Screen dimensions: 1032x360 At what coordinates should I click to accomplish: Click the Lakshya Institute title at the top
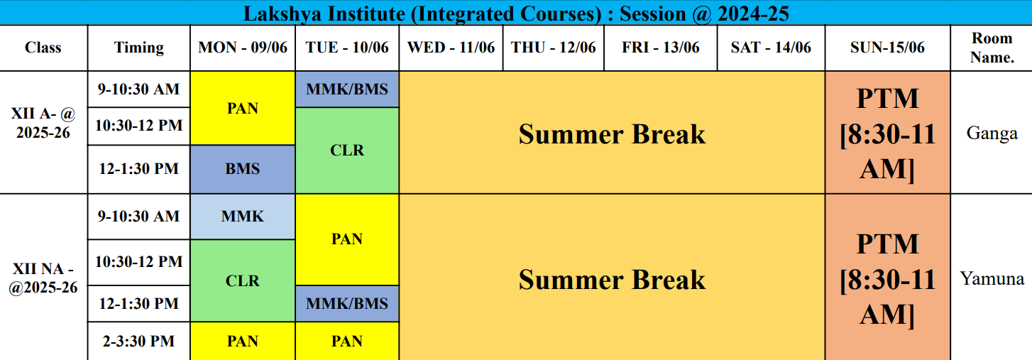point(516,13)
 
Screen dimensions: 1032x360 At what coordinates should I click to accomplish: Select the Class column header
point(43,48)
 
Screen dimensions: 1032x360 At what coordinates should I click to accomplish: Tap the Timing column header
point(138,48)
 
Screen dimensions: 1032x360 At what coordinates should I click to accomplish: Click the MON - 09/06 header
point(243,48)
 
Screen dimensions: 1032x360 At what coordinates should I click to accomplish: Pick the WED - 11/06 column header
point(451,48)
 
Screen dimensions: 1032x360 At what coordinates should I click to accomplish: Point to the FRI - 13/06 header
point(661,48)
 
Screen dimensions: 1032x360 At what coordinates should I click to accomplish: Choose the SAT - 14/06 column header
point(771,48)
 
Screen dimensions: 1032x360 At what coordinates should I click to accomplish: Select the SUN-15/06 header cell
point(887,48)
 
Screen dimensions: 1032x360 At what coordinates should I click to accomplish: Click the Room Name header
point(992,48)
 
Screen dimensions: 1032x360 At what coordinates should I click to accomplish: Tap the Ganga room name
point(992,133)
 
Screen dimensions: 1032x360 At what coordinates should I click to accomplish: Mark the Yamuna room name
point(992,278)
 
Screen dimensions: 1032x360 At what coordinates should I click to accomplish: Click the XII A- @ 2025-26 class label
point(43,123)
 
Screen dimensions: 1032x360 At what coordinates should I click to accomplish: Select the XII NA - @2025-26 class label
point(43,278)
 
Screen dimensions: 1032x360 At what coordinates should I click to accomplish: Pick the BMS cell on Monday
point(243,169)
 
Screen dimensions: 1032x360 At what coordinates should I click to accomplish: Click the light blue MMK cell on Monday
point(243,217)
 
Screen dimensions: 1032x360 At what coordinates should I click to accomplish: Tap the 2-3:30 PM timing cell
point(138,341)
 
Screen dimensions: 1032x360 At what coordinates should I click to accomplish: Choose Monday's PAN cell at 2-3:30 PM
point(243,341)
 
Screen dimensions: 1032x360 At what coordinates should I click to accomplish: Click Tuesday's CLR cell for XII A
point(347,151)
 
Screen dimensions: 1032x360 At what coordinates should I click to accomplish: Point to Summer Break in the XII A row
point(612,134)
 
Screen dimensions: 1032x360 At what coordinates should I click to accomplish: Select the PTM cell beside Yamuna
point(887,278)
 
